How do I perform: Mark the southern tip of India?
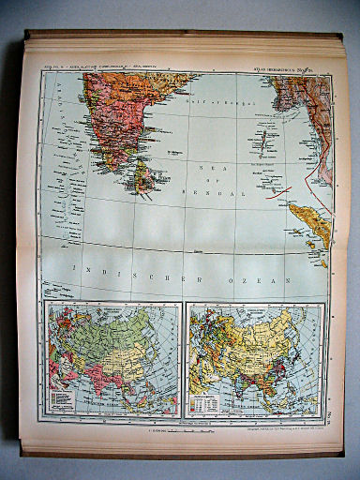(122, 168)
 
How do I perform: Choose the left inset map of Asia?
(112, 358)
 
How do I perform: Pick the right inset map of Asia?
(255, 358)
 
